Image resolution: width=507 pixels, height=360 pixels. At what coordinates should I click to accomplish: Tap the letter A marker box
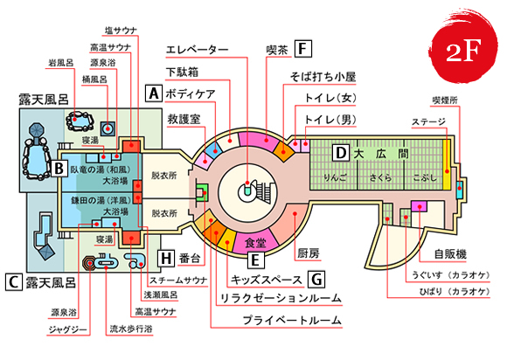pos(154,92)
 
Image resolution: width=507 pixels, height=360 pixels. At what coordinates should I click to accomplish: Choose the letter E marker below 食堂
pos(254,259)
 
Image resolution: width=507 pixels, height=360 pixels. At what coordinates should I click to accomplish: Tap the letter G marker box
pos(316,279)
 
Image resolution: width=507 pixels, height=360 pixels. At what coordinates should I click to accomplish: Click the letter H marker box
pos(166,257)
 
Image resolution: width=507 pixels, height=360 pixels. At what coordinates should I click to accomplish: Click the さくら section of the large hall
pos(381,175)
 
